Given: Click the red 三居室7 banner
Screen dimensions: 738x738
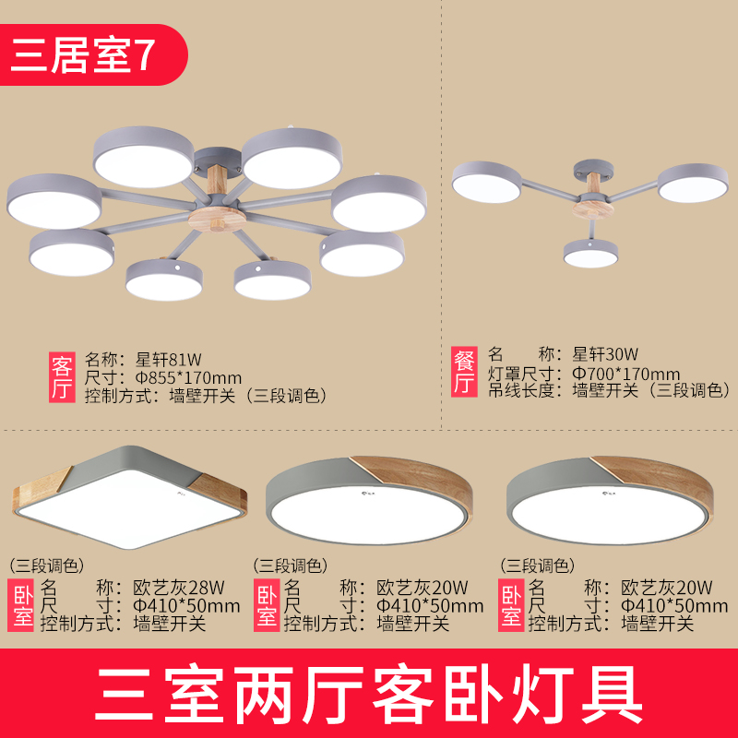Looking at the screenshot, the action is click(93, 54).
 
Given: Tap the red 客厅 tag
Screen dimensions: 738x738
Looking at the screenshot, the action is click(62, 377).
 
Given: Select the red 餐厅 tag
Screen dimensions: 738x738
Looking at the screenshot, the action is click(464, 372).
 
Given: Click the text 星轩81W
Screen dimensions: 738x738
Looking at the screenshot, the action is click(169, 360).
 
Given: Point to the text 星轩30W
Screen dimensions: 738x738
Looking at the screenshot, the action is click(605, 353).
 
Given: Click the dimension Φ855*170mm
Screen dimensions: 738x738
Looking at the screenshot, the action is click(188, 378).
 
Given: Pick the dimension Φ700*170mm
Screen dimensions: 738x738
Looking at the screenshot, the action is click(626, 375).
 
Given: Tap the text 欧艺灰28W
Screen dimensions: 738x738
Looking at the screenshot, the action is click(179, 588).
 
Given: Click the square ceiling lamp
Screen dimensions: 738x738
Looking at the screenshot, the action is click(130, 497).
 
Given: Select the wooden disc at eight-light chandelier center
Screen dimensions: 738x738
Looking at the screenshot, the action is click(217, 220).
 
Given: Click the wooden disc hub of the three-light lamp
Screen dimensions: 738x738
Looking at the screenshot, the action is click(593, 208).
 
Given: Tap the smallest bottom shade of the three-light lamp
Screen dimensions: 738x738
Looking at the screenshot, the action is click(590, 253).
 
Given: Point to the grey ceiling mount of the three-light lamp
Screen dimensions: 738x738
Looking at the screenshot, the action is click(593, 168).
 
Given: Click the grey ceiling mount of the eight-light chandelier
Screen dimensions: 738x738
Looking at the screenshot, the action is click(218, 159).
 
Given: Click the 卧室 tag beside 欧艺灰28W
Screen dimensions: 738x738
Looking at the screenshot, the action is click(20, 605).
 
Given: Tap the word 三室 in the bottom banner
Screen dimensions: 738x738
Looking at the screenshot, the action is click(159, 695).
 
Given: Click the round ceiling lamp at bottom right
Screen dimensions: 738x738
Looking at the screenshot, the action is click(610, 500).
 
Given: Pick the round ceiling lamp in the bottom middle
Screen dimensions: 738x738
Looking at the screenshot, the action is click(369, 500).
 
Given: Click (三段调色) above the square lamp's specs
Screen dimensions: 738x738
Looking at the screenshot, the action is click(47, 565).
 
